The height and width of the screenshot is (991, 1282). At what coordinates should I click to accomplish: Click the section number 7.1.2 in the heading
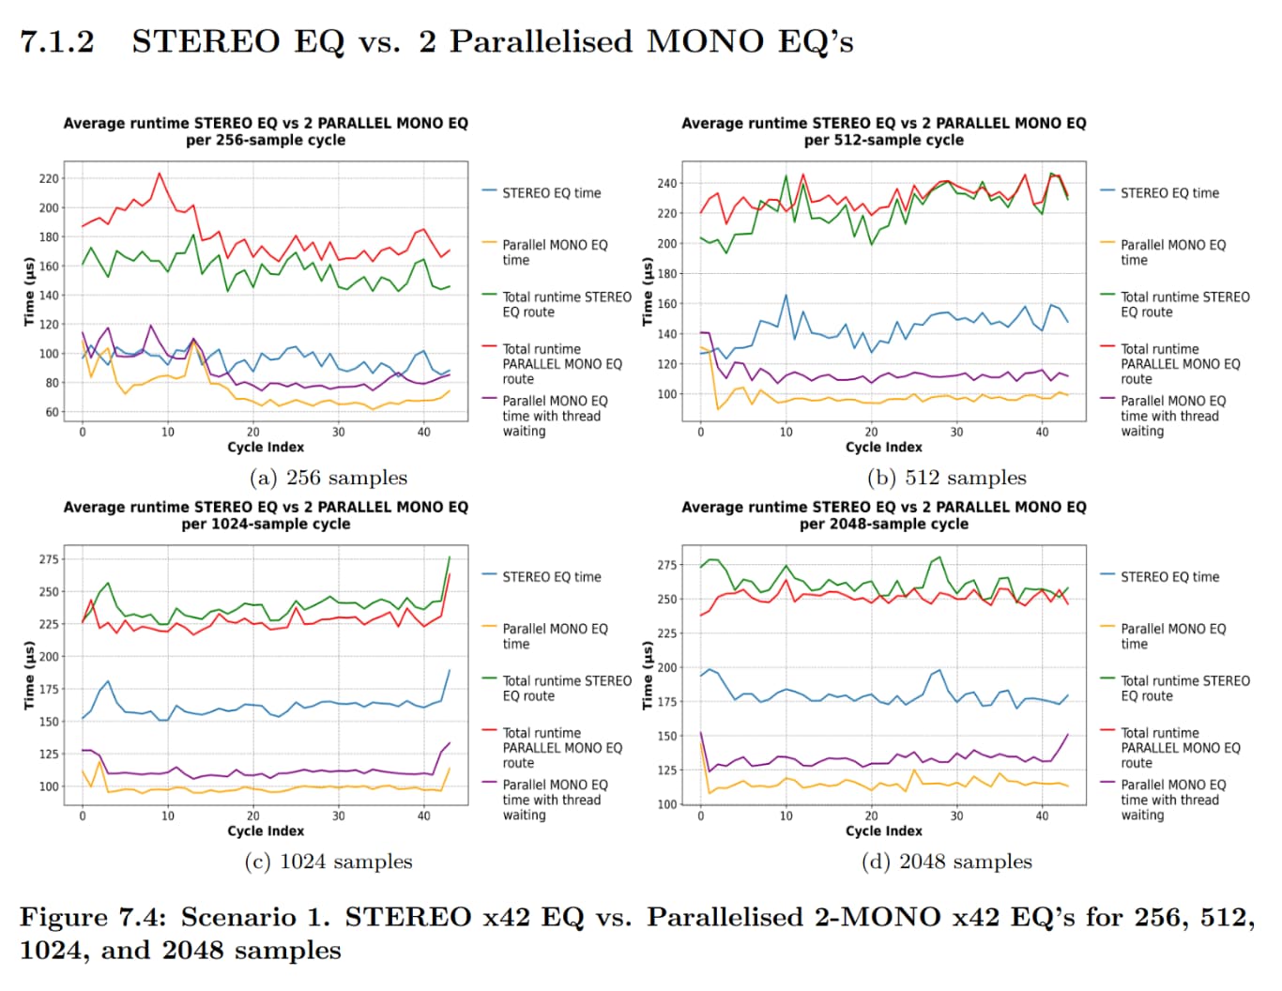[57, 42]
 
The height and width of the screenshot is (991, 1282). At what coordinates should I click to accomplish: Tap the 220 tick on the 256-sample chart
[49, 178]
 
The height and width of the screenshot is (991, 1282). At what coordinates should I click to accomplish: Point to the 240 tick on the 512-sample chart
[666, 183]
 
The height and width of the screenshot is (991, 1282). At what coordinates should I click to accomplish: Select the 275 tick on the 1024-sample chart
[49, 559]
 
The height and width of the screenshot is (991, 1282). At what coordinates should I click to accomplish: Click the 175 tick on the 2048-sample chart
[666, 702]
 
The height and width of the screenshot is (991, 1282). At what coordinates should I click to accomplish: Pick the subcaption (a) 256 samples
[328, 478]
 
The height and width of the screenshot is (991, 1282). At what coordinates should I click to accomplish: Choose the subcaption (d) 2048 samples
[946, 861]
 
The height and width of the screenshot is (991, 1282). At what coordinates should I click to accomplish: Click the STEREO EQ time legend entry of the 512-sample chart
[1169, 193]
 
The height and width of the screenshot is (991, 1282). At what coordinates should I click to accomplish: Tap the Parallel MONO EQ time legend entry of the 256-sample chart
[554, 252]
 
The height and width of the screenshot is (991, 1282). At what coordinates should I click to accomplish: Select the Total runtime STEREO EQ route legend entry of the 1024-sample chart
[566, 688]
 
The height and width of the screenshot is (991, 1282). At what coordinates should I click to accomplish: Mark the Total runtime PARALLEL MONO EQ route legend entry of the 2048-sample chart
[1180, 748]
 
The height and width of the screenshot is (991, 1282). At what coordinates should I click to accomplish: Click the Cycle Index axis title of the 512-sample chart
[883, 448]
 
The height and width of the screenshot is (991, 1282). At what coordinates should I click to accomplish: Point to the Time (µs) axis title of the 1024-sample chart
[29, 676]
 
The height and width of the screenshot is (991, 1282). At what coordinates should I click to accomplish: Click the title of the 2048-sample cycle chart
[883, 515]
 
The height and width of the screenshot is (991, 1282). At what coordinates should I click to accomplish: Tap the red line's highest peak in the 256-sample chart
[160, 173]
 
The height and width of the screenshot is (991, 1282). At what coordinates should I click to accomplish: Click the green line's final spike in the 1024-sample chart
[449, 557]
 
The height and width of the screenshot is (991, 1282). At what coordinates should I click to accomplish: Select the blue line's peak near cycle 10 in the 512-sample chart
[786, 296]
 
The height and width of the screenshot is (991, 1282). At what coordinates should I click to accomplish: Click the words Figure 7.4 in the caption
[79, 917]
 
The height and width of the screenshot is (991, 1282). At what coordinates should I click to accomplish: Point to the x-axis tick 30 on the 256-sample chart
[338, 433]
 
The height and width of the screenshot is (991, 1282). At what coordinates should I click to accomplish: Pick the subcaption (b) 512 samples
[946, 478]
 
